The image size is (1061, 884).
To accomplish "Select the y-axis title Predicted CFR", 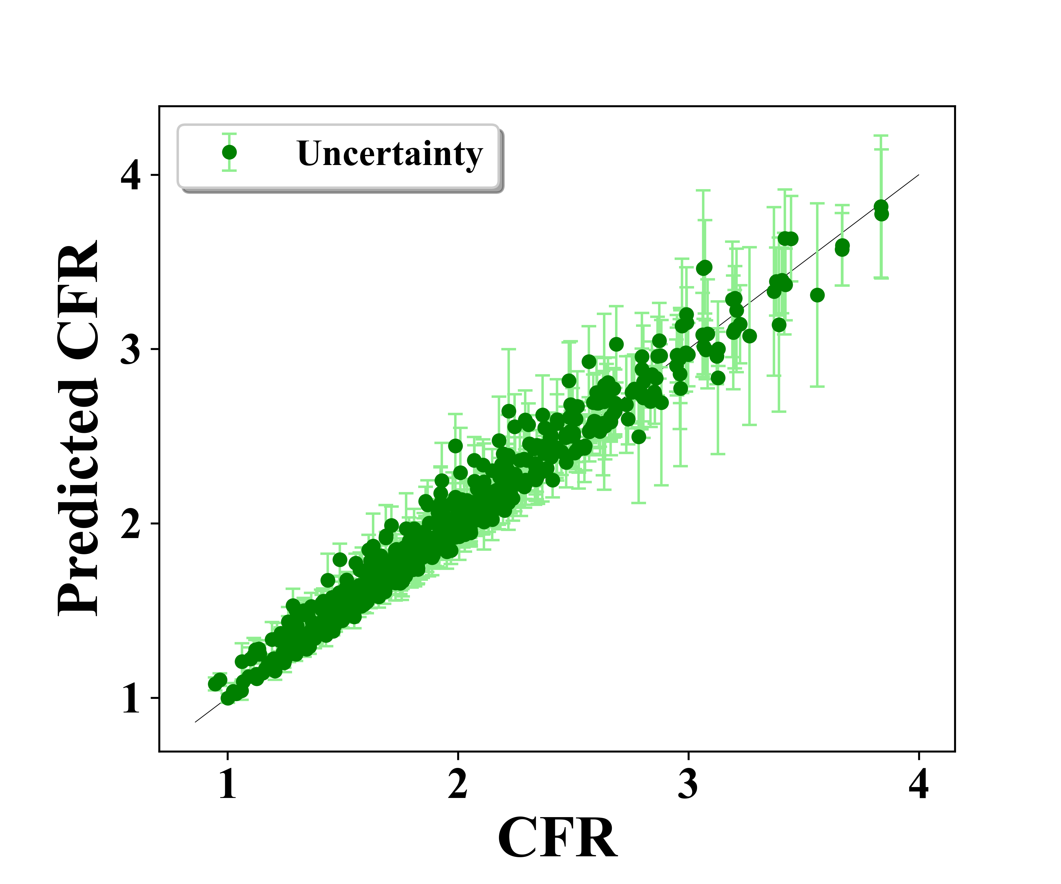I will (x=78, y=428).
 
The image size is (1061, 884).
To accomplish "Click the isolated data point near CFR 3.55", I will (x=817, y=295).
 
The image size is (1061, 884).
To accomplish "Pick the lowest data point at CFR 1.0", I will (x=228, y=698).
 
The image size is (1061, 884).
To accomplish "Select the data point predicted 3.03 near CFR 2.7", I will (x=616, y=344).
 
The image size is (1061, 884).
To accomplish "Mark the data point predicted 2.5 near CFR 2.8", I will (x=639, y=436).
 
